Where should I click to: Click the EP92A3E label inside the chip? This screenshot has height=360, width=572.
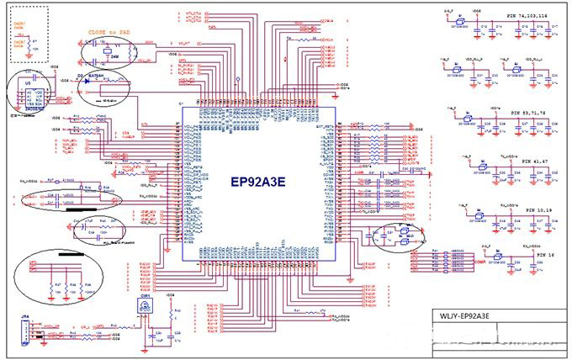coord(260,180)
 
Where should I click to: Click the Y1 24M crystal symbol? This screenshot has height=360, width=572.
coord(104,50)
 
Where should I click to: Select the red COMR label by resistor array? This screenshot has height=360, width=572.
coord(433,262)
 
